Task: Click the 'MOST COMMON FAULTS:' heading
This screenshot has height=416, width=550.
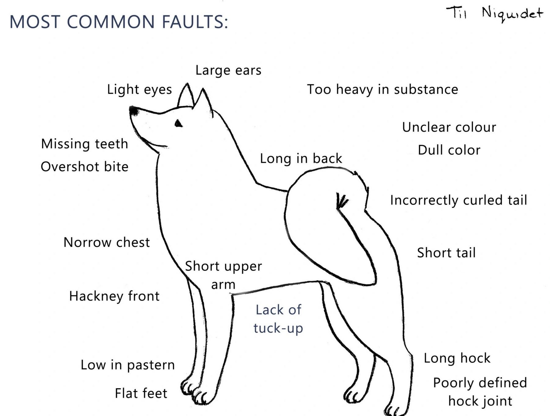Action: point(119,21)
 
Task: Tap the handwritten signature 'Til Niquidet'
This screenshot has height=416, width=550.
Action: point(494,14)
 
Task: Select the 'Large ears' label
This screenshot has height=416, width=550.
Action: point(228,70)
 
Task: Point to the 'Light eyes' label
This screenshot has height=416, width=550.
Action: point(139,90)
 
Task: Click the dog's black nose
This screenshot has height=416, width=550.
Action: point(134,111)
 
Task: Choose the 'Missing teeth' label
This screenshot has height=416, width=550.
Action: point(85,144)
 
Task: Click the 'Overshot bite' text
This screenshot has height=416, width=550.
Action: point(85,167)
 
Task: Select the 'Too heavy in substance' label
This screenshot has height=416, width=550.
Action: point(382,89)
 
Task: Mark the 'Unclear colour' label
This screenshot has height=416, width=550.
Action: point(449,127)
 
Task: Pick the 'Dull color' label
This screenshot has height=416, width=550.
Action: point(449,150)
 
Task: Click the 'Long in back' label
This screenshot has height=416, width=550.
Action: point(301,159)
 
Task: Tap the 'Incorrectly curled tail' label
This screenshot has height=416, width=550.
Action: point(458,200)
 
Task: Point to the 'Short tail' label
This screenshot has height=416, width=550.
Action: point(446,253)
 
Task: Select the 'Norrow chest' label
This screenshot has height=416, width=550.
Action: point(106,242)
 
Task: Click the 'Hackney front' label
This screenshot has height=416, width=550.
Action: point(114,296)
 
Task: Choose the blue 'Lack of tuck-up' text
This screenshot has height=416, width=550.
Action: point(278,319)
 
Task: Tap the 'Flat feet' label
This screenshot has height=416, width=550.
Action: point(141,393)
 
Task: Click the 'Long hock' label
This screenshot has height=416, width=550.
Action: point(457,358)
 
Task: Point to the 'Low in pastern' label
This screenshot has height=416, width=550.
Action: point(128,365)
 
